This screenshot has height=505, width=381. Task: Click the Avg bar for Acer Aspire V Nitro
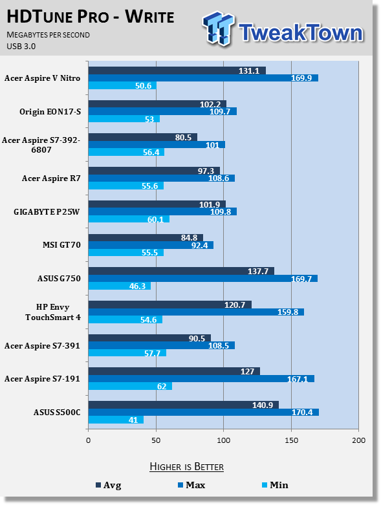pyautogui.click(x=177, y=70)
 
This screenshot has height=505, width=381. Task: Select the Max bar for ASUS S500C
pyautogui.click(x=204, y=413)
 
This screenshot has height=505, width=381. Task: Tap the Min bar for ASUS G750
pyautogui.click(x=120, y=286)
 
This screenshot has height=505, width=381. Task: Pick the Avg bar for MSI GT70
pyautogui.click(x=146, y=238)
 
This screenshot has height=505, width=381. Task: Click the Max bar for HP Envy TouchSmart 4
pyautogui.click(x=196, y=312)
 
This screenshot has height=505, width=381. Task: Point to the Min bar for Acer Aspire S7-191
pyautogui.click(x=130, y=386)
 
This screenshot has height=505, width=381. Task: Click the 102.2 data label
pyautogui.click(x=210, y=104)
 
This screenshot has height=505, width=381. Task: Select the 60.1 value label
pyautogui.click(x=155, y=220)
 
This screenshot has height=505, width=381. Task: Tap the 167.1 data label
pyautogui.click(x=298, y=379)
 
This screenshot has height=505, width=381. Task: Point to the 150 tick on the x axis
pyautogui.click(x=291, y=440)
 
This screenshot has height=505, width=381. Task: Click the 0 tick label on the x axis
pyautogui.click(x=88, y=440)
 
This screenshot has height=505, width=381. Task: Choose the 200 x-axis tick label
pyautogui.click(x=359, y=440)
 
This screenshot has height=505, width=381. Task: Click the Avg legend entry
pyautogui.click(x=109, y=485)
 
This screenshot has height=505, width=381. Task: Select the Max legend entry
pyautogui.click(x=191, y=485)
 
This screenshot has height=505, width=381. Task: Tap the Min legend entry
pyautogui.click(x=275, y=485)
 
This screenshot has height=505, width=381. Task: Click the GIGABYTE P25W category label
pyautogui.click(x=47, y=212)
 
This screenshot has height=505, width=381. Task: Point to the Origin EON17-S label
pyautogui.click(x=50, y=112)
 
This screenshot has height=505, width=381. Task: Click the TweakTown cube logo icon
pyautogui.click(x=219, y=28)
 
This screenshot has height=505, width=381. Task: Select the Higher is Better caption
pyautogui.click(x=187, y=467)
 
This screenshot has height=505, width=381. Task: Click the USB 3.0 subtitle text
pyautogui.click(x=21, y=47)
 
